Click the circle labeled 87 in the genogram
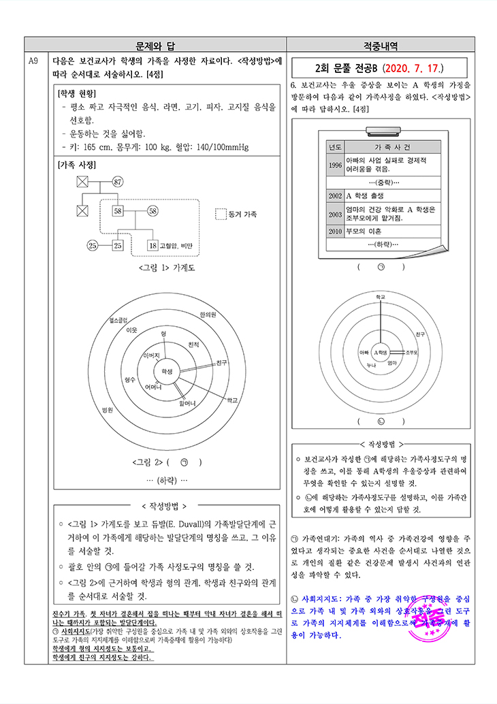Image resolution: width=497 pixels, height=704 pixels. [118, 182]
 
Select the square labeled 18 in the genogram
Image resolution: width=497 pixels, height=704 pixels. [153, 245]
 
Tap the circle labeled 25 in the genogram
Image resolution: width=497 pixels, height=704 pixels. [93, 245]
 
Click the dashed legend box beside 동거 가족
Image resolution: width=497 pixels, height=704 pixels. [220, 214]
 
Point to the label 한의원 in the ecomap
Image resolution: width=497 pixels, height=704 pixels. [208, 315]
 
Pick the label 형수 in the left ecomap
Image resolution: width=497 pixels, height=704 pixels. [130, 379]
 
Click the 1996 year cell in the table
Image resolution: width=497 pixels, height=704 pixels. [335, 165]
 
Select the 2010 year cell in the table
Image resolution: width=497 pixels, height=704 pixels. [335, 231]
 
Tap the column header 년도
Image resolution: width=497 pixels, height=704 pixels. [335, 147]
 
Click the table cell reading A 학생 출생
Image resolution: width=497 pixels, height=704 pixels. [368, 195]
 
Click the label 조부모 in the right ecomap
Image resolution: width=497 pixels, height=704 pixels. [411, 353]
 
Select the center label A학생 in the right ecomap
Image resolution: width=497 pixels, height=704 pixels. [381, 353]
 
